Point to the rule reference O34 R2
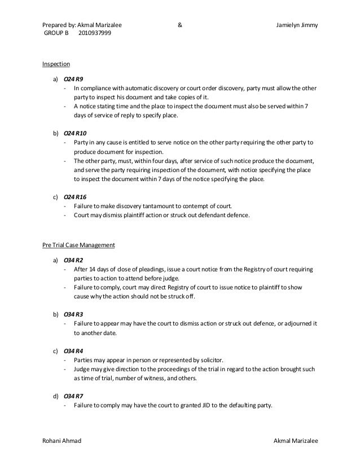click(x=73, y=260)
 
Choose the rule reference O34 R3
click(x=73, y=313)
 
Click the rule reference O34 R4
click(x=73, y=350)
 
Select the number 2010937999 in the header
click(x=95, y=34)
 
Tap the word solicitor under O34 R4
click(x=209, y=359)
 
